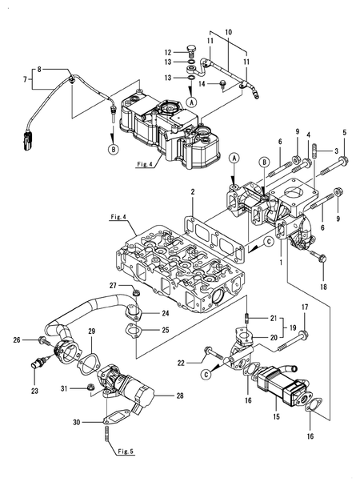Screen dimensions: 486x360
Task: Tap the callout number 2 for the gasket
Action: [x=193, y=193]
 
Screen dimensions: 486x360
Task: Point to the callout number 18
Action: [x=324, y=286]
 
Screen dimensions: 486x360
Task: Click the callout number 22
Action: [x=181, y=363]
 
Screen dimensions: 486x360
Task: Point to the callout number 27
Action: [x=114, y=286]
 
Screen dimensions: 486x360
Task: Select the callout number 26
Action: [x=16, y=340]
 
